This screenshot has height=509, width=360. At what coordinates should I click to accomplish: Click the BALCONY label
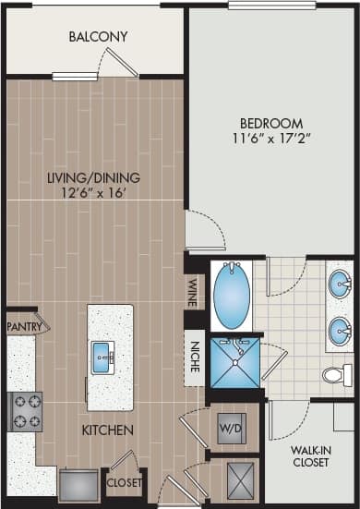[x=98, y=38]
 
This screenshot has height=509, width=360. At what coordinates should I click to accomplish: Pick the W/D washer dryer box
[x=231, y=428]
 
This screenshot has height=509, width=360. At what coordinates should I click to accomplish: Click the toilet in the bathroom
[x=336, y=375]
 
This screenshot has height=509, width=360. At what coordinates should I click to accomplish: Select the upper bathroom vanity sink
[x=339, y=281]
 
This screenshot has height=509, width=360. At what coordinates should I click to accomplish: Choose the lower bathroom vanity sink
[x=339, y=329]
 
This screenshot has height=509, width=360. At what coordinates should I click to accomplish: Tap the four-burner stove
[x=24, y=411]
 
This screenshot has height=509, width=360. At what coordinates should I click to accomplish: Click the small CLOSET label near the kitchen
[x=124, y=482]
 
